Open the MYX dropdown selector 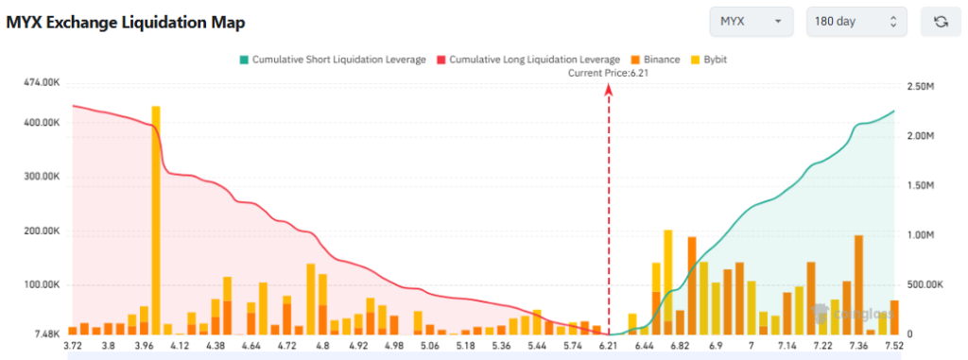752,22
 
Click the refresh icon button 941,22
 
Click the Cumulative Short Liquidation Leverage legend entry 332,60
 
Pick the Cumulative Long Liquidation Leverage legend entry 528,60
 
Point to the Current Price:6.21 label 607,73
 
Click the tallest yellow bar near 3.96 156,217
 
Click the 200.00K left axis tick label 42,231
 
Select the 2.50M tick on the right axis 922,86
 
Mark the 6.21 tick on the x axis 608,347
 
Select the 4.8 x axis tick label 323,347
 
